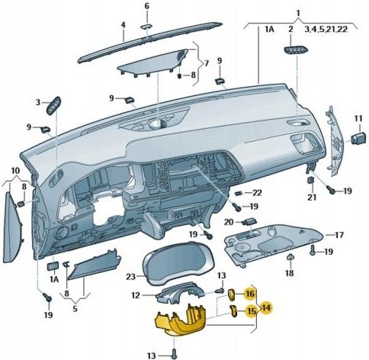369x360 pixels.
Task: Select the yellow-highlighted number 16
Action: click(x=249, y=294)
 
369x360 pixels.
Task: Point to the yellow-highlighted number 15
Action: click(x=249, y=311)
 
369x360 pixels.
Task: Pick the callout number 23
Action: click(x=130, y=276)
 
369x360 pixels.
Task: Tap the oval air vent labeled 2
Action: click(x=290, y=50)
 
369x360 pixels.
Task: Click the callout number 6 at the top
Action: click(x=147, y=6)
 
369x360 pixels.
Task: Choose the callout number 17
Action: click(x=340, y=234)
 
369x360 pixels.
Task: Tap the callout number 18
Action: click(x=290, y=272)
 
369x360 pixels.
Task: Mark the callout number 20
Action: click(x=228, y=222)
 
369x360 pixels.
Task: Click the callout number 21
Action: click(x=311, y=198)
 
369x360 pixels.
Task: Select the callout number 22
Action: click(x=257, y=192)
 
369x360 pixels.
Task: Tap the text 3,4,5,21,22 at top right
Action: click(x=326, y=29)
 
